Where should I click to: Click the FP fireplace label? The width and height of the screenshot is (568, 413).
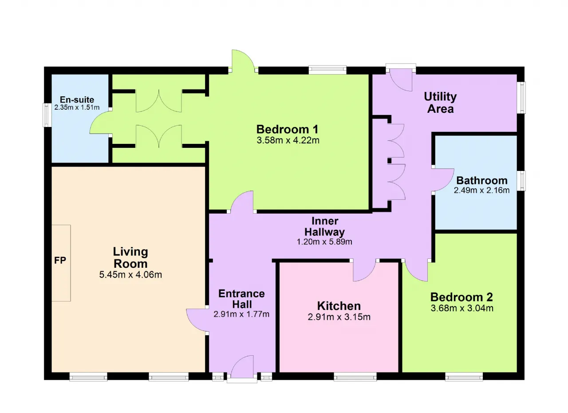tap(60, 260)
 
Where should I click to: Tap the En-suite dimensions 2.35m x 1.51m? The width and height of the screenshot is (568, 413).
tap(77, 107)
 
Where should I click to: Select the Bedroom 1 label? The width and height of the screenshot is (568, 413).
tap(287, 129)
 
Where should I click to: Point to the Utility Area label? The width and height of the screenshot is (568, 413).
tap(441, 103)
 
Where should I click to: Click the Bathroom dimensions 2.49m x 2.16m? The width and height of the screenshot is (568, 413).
tap(481, 190)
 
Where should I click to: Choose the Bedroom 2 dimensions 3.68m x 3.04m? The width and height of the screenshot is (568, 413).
tap(462, 308)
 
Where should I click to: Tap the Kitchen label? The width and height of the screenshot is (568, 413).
tap(339, 306)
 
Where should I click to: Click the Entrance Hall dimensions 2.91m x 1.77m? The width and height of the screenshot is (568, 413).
tap(241, 314)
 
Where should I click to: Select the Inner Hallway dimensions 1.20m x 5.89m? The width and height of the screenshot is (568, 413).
tap(324, 242)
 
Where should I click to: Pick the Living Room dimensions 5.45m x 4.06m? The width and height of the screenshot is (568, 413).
tap(130, 275)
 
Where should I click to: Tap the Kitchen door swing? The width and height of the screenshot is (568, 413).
tap(364, 271)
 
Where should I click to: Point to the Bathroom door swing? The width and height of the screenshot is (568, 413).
tap(443, 179)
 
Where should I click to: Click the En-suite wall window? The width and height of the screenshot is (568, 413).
tap(47, 115)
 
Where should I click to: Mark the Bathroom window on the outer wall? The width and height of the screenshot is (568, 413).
tap(521, 181)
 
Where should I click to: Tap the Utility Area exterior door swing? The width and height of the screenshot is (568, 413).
tap(401, 82)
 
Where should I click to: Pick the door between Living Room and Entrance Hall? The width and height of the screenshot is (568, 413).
tap(197, 320)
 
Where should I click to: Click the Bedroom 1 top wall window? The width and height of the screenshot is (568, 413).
tap(327, 70)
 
